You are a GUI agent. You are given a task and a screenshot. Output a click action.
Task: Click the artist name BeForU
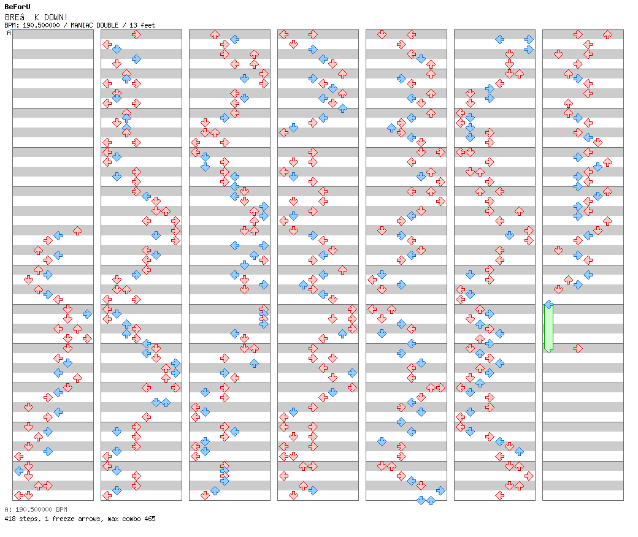[17, 7]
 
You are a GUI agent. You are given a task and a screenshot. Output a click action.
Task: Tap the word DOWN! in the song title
[56, 17]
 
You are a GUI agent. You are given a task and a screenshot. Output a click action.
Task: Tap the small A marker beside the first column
[9, 33]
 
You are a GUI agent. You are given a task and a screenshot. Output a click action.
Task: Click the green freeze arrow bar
[548, 328]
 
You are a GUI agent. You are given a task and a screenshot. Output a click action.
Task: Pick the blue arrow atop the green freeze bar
[548, 304]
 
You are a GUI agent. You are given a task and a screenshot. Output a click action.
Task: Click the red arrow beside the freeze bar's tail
[577, 348]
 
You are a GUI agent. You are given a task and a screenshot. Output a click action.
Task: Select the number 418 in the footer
[10, 519]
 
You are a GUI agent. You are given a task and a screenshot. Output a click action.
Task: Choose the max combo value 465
[149, 519]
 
